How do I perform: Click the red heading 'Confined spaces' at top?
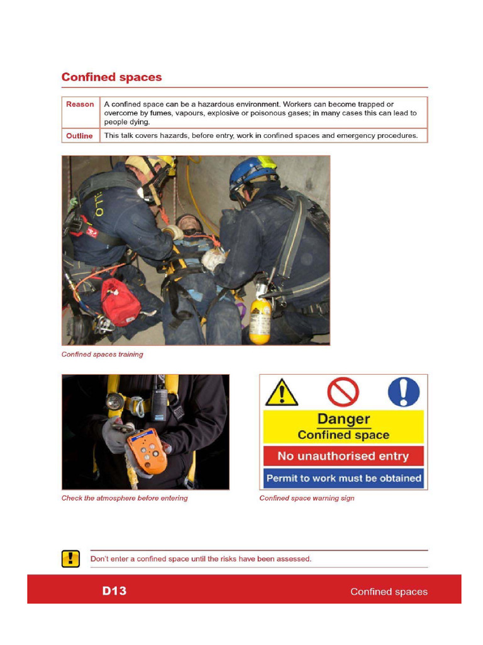coord(111,77)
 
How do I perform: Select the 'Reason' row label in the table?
coord(80,105)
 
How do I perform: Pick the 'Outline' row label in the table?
coord(79,136)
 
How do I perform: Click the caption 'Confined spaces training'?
coord(102,355)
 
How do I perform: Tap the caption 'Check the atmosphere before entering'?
coord(125,498)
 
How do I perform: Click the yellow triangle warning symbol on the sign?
coord(281,393)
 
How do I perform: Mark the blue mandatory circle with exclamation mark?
coord(403,392)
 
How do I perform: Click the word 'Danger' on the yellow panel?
coord(343,419)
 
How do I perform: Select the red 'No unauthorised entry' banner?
coord(343,456)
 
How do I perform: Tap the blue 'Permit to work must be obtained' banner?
coord(343,479)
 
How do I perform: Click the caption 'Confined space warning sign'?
coord(307,498)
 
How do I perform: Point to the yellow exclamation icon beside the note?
coord(70,559)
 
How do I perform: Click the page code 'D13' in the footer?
coord(114,591)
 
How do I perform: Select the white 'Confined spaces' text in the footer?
coord(389,591)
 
